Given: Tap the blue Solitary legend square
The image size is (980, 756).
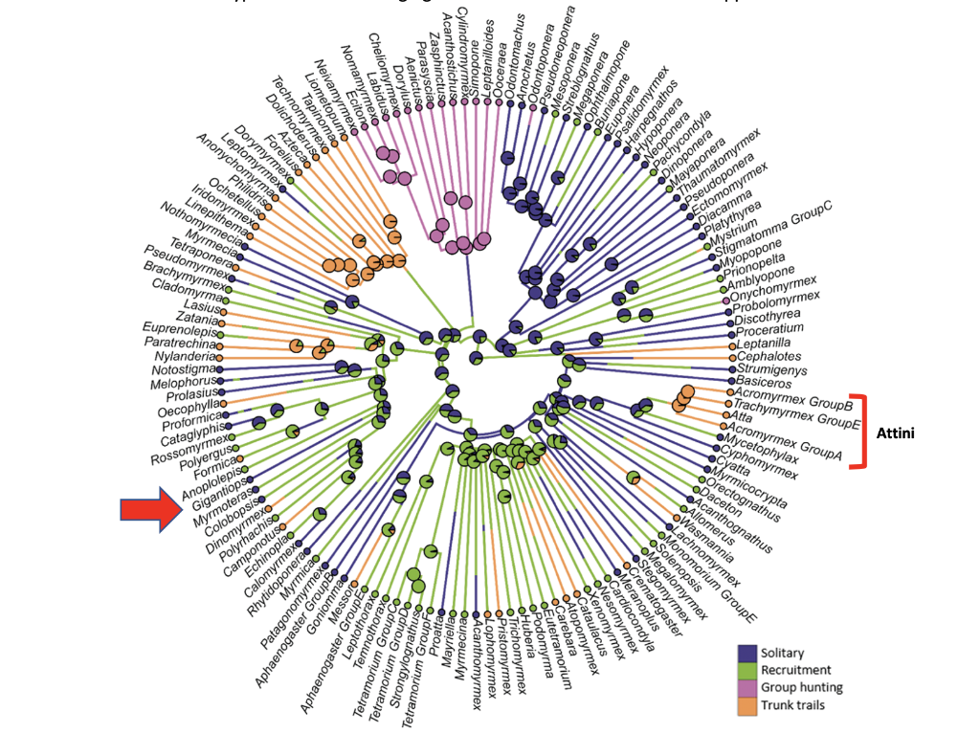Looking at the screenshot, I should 747,653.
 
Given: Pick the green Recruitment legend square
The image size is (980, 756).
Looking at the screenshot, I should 747,670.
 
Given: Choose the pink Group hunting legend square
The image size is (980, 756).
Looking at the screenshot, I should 747,687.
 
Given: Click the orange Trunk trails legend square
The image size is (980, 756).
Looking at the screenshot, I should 747,705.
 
